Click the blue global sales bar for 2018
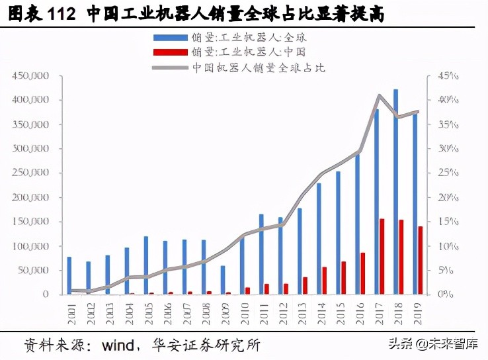click(x=396, y=192)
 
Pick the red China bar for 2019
click(x=421, y=260)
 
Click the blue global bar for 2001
click(x=69, y=275)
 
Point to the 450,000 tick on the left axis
click(x=32, y=76)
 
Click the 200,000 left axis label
click(x=32, y=198)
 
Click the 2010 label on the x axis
click(x=242, y=310)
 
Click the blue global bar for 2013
click(x=300, y=251)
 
